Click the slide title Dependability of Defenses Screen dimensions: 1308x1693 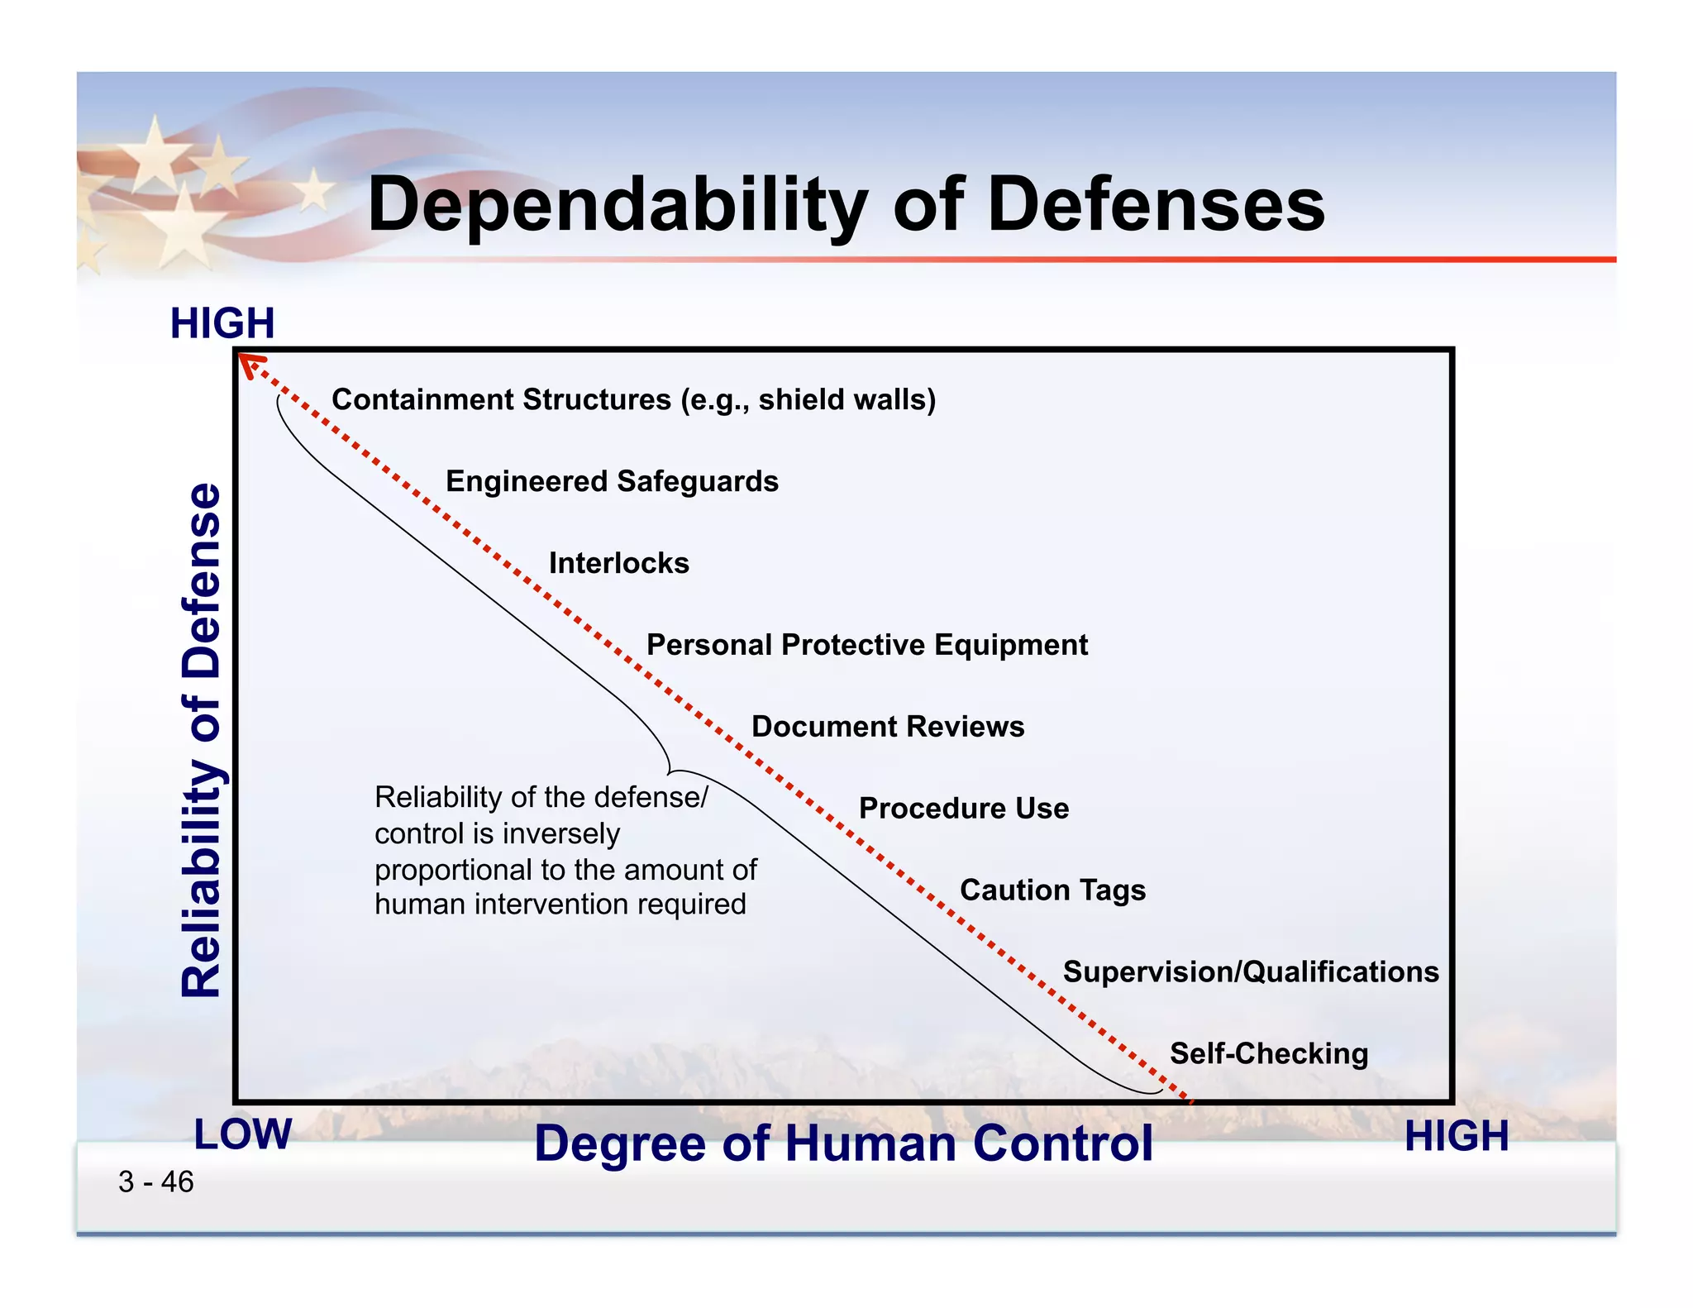click(846, 204)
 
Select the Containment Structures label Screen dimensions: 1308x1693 click(633, 399)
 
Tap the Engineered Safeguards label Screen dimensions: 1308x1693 click(612, 481)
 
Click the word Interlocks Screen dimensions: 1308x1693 click(618, 563)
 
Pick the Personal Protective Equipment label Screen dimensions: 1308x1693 click(866, 645)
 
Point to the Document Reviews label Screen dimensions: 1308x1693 click(887, 727)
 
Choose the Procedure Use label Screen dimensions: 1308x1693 click(963, 809)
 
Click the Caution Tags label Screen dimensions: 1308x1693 click(1052, 890)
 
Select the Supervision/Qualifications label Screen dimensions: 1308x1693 click(1250, 972)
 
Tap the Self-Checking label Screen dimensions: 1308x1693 click(1268, 1054)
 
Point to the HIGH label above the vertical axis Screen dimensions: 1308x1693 click(222, 323)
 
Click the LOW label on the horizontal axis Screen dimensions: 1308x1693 click(242, 1134)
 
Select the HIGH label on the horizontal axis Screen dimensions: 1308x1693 click(1456, 1136)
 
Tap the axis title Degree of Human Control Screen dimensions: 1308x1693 click(842, 1143)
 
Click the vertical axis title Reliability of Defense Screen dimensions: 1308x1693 click(202, 739)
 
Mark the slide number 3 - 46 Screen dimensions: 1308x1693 click(155, 1182)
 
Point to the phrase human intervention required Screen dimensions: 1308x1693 click(560, 905)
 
